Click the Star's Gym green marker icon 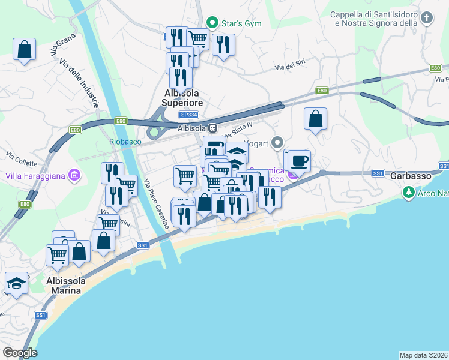211,23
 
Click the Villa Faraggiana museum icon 74,176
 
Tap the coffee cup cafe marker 298,161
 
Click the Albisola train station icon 212,127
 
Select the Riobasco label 124,142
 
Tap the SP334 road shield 188,114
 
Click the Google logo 20,353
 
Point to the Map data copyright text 424,355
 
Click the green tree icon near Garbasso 409,192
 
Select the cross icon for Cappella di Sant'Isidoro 426,18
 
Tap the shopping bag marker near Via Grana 24,49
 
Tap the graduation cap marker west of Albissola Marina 16,283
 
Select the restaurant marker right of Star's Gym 223,44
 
